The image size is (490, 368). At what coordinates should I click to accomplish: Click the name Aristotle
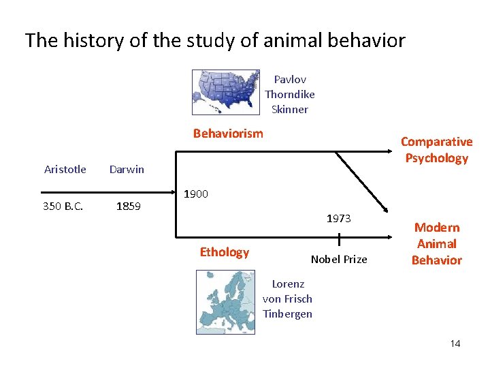(65, 169)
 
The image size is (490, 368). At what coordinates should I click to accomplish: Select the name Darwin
(127, 169)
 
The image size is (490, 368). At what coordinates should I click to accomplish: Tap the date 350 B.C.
(63, 205)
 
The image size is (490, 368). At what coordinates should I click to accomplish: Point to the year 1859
(128, 205)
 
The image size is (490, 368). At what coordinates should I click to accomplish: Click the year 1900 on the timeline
(196, 194)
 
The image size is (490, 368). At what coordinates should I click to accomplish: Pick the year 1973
(338, 218)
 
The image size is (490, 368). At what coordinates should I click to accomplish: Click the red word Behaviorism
(228, 133)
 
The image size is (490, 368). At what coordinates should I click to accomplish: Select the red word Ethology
(225, 252)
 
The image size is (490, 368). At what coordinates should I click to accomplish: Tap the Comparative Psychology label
(436, 150)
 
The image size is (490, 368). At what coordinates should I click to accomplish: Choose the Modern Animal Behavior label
(437, 243)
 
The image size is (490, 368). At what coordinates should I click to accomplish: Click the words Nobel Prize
(339, 259)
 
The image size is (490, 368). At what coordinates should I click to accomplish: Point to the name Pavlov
(290, 79)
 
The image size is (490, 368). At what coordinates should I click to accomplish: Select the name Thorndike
(290, 94)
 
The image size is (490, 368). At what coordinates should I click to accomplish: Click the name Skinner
(290, 109)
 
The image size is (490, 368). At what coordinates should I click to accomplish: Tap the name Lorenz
(288, 283)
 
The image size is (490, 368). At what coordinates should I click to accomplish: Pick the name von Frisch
(287, 298)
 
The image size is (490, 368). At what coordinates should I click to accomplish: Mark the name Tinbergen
(287, 313)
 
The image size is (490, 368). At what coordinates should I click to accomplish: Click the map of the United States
(225, 91)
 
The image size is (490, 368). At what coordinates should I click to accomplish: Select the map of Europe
(225, 302)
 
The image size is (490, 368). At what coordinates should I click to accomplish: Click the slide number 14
(455, 343)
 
